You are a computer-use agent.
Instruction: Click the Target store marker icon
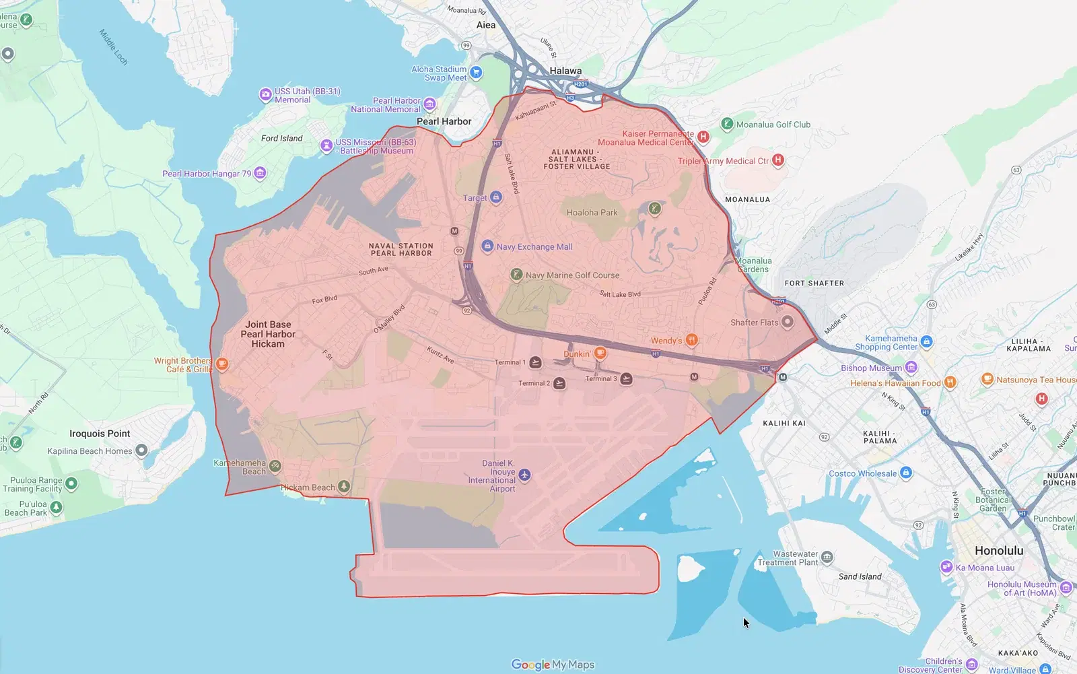pos(496,197)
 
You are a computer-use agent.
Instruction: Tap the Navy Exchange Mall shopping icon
pos(487,246)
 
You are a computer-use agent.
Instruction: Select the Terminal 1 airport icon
pos(535,362)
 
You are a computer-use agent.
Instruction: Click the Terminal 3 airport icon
pos(626,378)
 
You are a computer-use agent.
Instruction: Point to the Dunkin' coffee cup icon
pos(600,353)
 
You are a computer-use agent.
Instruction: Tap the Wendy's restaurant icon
pos(691,340)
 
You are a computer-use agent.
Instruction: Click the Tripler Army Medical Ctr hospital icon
pos(778,160)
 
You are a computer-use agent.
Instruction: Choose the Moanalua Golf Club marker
pos(727,124)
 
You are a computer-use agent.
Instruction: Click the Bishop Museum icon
pos(911,368)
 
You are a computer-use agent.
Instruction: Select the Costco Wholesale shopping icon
pos(906,473)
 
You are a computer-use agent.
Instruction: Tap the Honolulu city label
pos(999,551)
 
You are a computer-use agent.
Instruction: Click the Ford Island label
pos(281,138)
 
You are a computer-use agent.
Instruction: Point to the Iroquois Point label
pos(100,434)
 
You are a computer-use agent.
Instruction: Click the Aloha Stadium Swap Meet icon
pos(476,73)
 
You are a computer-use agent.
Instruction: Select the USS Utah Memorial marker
pos(265,95)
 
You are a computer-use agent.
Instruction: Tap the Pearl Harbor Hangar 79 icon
pos(260,173)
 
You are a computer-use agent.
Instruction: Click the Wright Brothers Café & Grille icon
pos(222,364)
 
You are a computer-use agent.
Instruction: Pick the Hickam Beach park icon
pos(344,486)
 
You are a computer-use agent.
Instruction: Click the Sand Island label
pos(860,576)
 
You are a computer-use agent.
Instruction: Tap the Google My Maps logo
pos(553,665)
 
